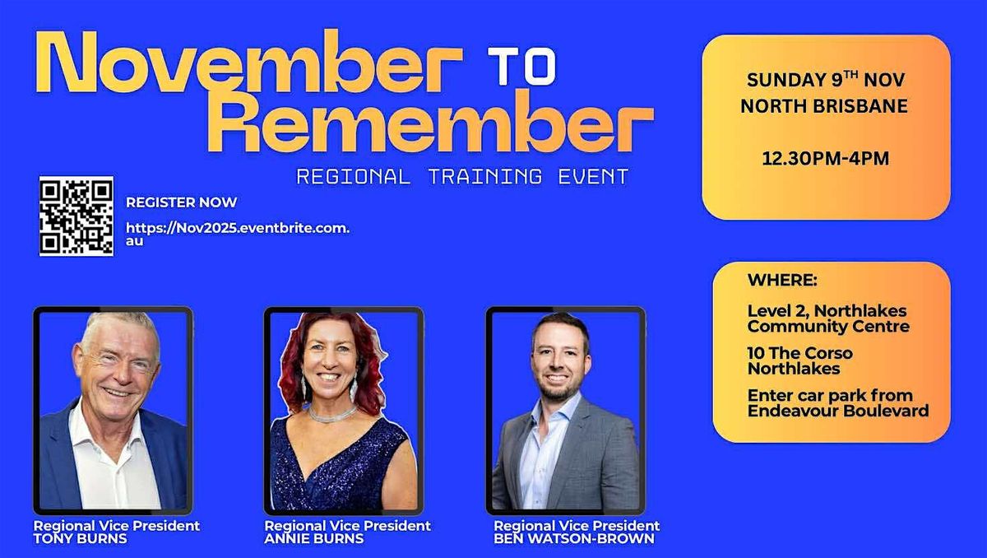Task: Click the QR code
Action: [76, 216]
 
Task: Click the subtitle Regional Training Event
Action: [462, 176]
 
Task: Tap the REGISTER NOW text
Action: [181, 202]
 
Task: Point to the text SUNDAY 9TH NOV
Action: [825, 81]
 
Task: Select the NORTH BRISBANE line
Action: [825, 106]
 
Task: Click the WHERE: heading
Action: [782, 281]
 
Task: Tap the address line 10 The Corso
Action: [799, 353]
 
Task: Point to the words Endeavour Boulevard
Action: [837, 411]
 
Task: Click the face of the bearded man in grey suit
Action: [558, 360]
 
